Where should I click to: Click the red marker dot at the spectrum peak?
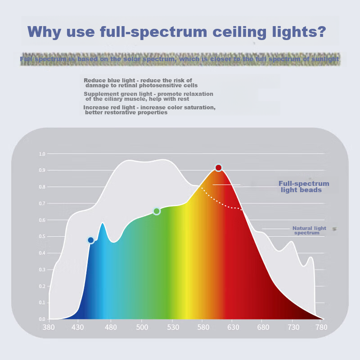218,168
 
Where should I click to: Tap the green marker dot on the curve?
157,211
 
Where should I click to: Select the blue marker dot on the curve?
91,240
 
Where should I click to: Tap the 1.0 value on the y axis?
42,154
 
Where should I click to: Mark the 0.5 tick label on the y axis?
42,237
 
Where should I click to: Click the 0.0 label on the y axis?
42,319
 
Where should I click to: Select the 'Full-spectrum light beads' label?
304,187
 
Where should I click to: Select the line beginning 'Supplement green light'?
148,96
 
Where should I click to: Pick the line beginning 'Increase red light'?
149,110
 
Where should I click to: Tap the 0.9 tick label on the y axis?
42,171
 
